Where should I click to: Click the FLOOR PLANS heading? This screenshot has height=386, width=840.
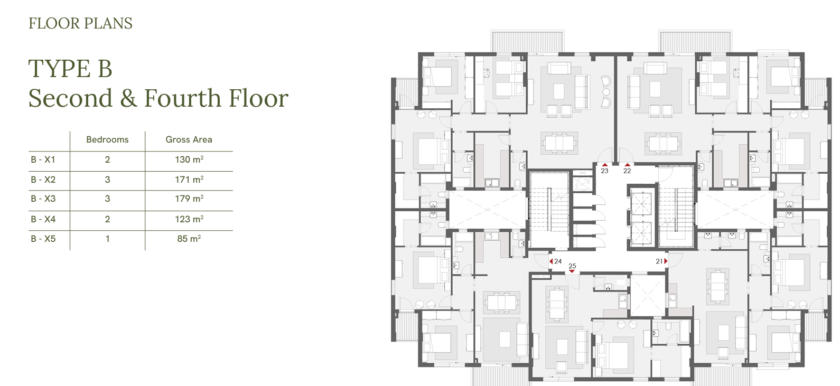point(81,23)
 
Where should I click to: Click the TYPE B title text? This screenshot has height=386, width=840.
point(70,69)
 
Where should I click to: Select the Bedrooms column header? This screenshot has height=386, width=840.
point(107,139)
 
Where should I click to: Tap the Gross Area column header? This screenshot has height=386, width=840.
point(189,139)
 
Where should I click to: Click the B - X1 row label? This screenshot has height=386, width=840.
point(43,159)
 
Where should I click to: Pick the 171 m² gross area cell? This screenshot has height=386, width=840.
point(189,180)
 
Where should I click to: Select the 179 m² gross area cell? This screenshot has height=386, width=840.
point(189,198)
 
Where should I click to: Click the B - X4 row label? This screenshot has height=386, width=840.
point(43,219)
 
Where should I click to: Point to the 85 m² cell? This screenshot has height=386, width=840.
point(189,239)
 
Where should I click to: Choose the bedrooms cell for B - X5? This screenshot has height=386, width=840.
point(108,239)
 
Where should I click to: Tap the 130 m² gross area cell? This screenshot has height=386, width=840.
point(189,159)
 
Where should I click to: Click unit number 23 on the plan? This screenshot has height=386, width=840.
point(604,171)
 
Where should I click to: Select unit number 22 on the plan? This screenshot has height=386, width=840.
point(627,171)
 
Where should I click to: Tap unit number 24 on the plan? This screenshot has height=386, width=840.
point(558,261)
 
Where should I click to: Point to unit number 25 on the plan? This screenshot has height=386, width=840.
point(572,266)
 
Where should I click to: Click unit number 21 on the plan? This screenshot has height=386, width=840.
point(659,261)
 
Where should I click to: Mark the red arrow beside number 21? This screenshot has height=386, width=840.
point(666,261)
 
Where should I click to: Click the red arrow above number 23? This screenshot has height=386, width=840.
point(604,165)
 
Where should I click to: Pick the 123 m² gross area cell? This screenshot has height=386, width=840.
point(189,219)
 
